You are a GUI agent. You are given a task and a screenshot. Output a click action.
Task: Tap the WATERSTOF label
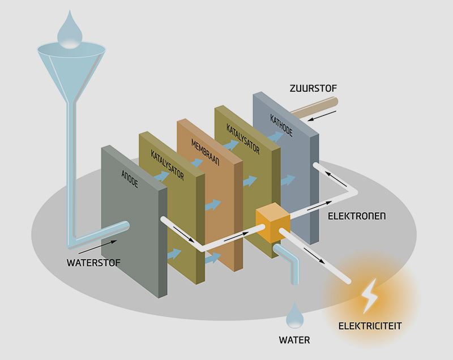(x=90, y=263)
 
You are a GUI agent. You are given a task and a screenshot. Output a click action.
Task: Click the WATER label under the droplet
(x=294, y=341)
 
